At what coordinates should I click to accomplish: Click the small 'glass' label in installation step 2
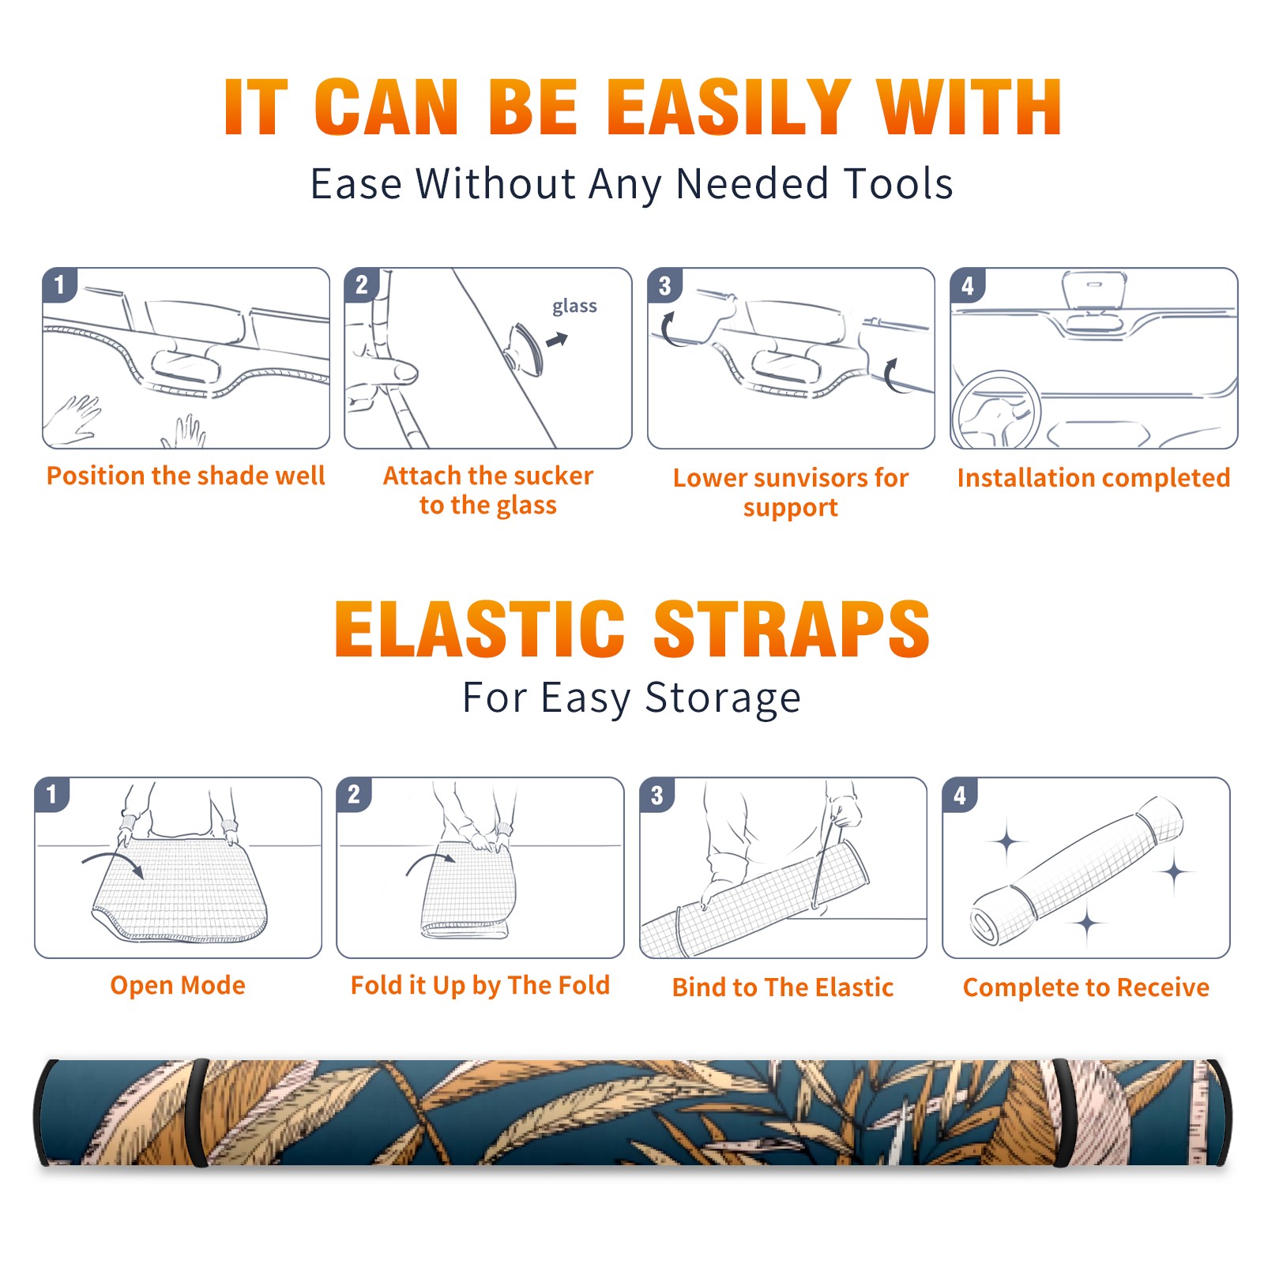point(574,307)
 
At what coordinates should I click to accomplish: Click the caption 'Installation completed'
point(1093,477)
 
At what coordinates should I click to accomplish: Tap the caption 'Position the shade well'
point(186,476)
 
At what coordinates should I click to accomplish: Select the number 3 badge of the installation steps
point(664,285)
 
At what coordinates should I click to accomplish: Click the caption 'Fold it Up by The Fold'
point(480,985)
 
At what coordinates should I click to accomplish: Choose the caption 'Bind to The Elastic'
point(783,987)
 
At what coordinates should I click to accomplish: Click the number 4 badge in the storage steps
point(960,795)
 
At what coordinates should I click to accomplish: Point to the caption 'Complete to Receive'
point(1086,987)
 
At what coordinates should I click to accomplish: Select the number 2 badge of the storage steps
point(353,795)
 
